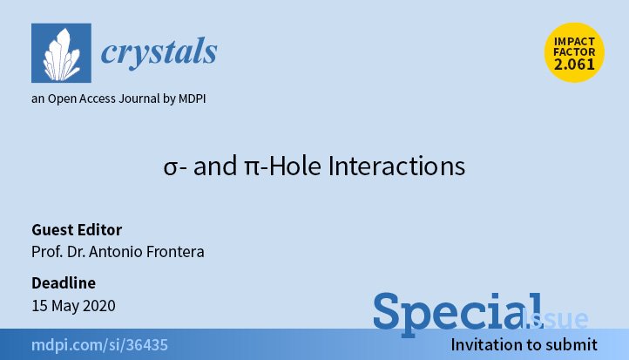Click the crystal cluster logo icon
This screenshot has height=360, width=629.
tap(61, 53)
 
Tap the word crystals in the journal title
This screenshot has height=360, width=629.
tap(159, 51)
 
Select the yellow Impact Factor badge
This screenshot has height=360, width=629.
tap(574, 52)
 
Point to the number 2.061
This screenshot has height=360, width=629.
tap(574, 65)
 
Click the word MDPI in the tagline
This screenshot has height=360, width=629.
tap(192, 98)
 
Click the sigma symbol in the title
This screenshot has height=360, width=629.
tap(170, 167)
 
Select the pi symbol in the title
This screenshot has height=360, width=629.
tap(252, 167)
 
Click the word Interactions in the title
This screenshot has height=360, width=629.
tap(396, 166)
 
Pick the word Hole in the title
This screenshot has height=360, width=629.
tap(294, 166)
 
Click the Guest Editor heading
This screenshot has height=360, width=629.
tap(77, 230)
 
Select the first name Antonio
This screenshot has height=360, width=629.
tap(116, 252)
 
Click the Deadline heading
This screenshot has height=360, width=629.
tap(64, 283)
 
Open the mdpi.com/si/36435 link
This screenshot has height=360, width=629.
tap(99, 345)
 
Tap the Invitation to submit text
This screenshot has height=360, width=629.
tap(524, 345)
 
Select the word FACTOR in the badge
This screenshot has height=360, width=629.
tap(574, 52)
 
